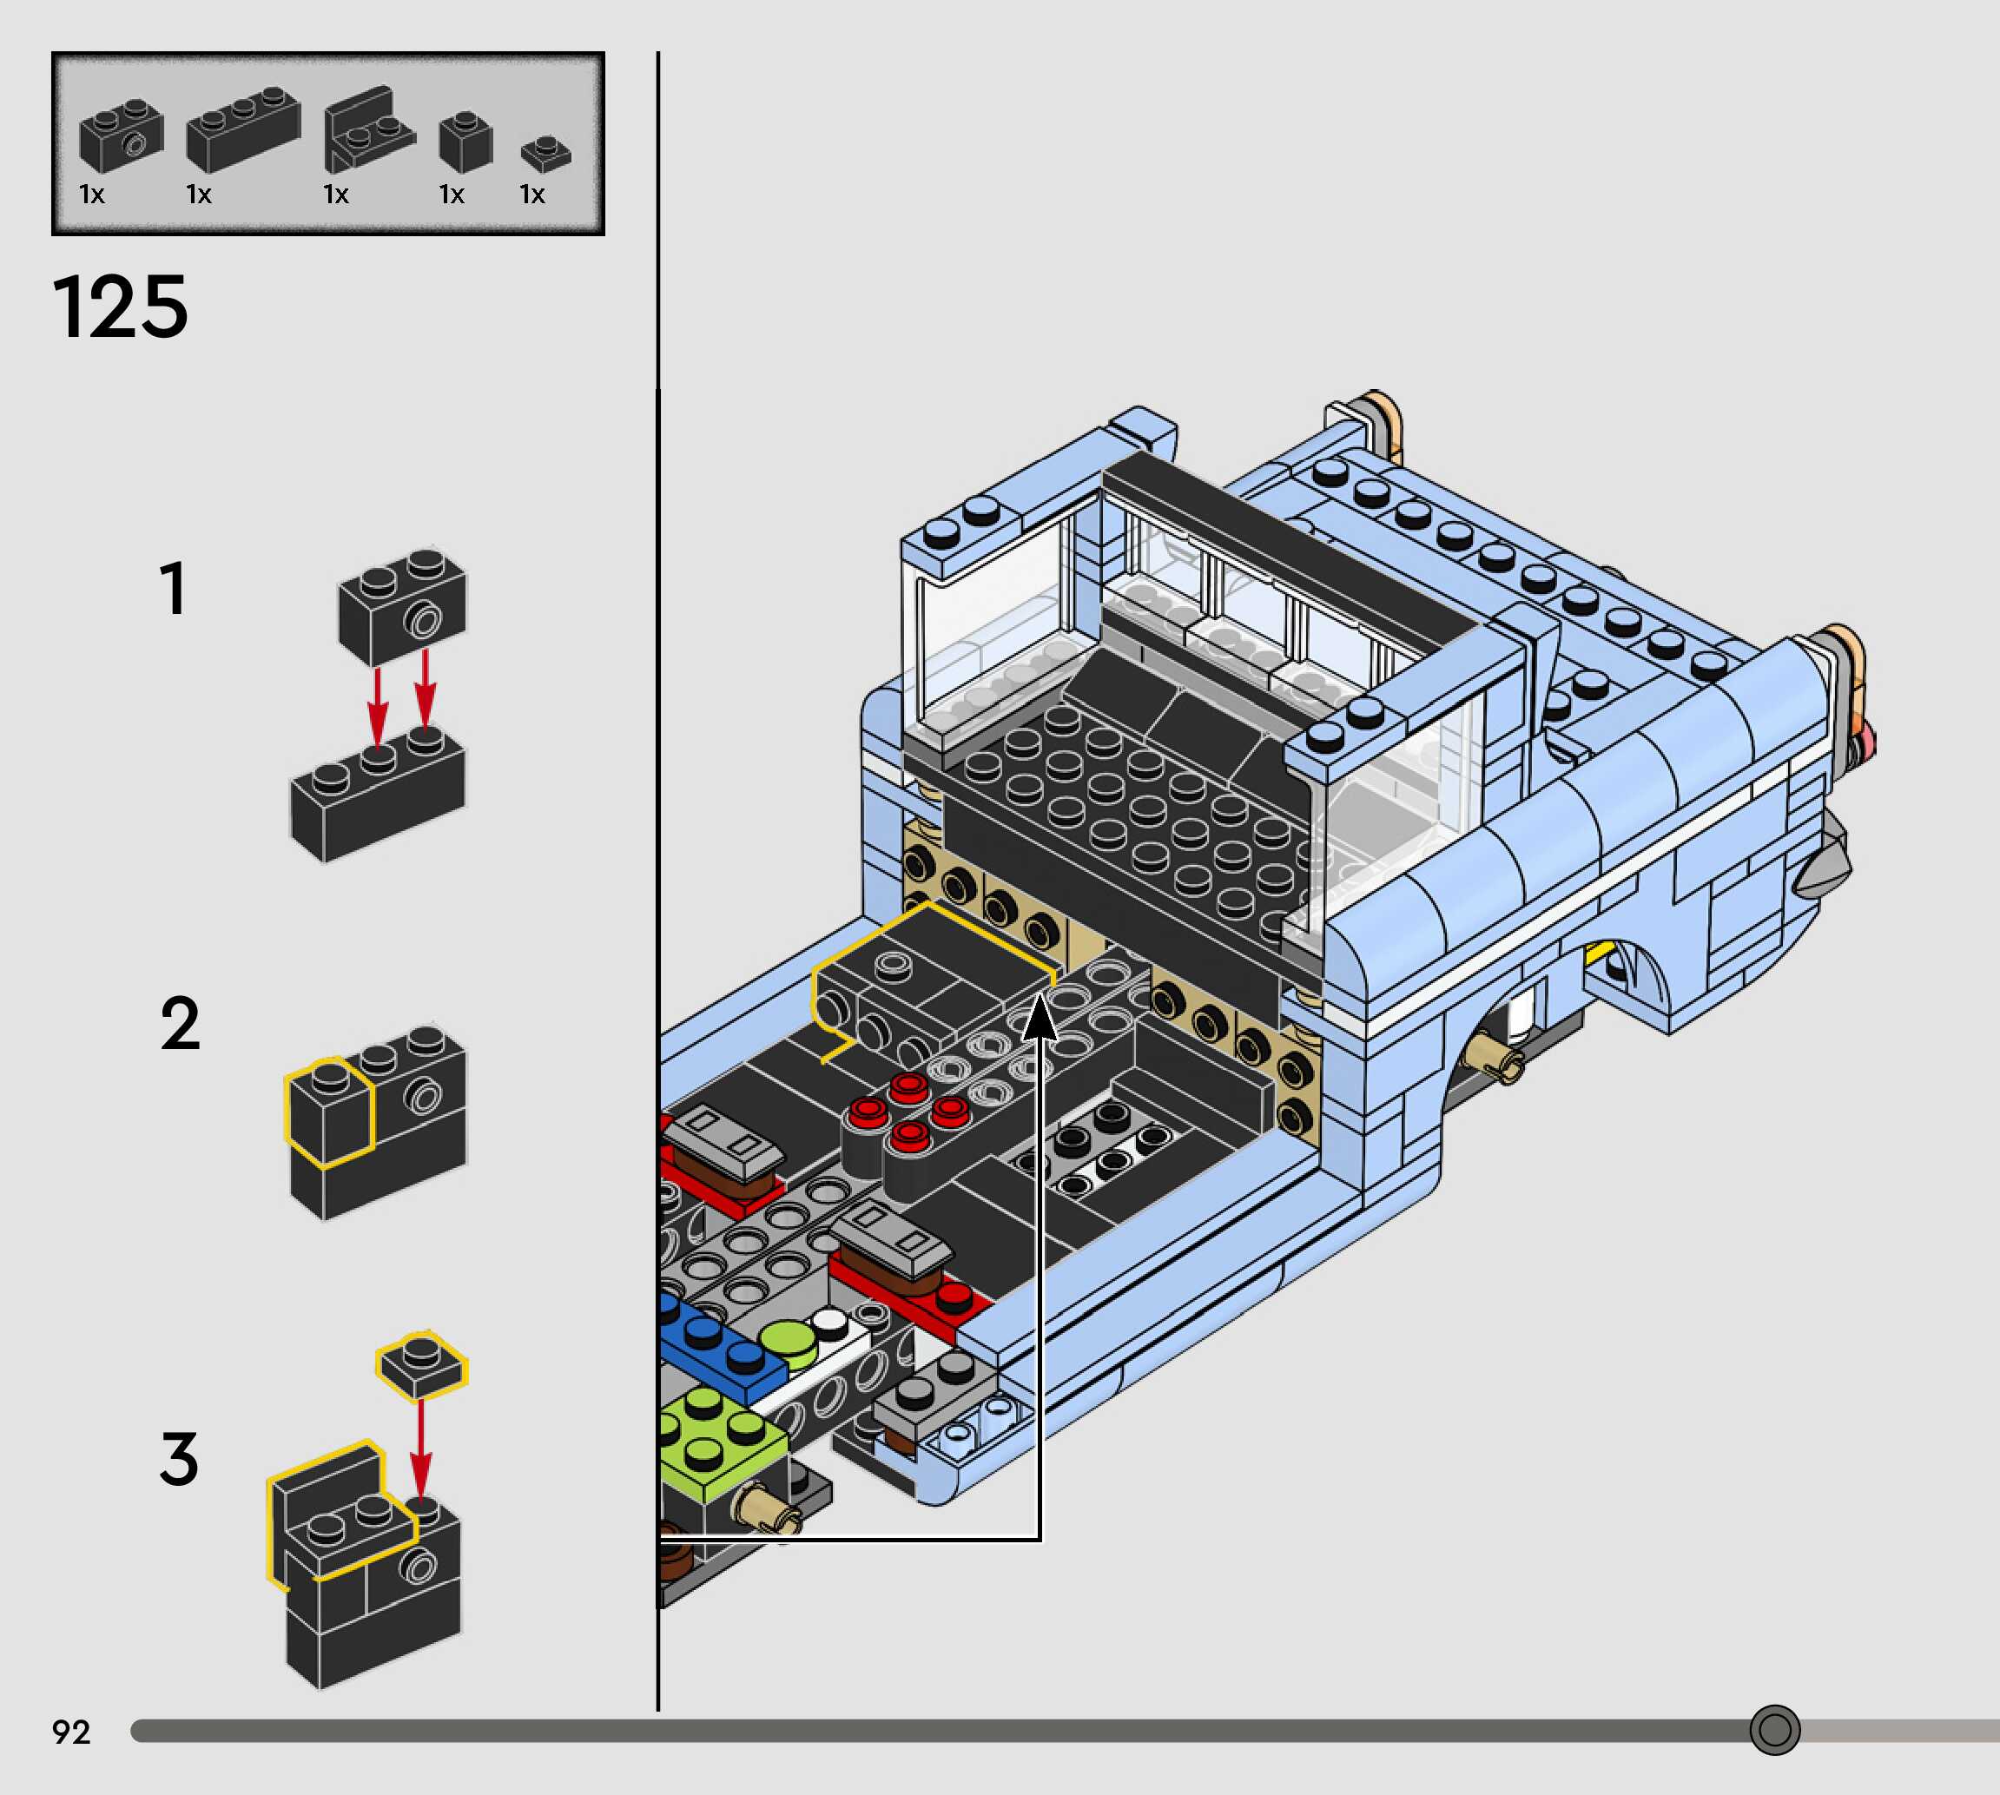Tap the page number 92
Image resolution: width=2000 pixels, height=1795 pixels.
pos(71,1731)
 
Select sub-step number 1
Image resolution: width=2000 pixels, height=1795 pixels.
pos(173,589)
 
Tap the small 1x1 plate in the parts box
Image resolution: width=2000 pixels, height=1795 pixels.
pos(545,153)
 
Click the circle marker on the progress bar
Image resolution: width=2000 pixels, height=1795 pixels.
pos(1774,1729)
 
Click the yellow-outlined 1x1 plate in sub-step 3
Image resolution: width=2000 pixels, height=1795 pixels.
pos(421,1364)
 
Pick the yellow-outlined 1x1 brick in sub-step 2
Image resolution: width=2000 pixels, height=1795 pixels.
pos(329,1111)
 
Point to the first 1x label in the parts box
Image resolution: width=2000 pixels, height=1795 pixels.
pos(92,195)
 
